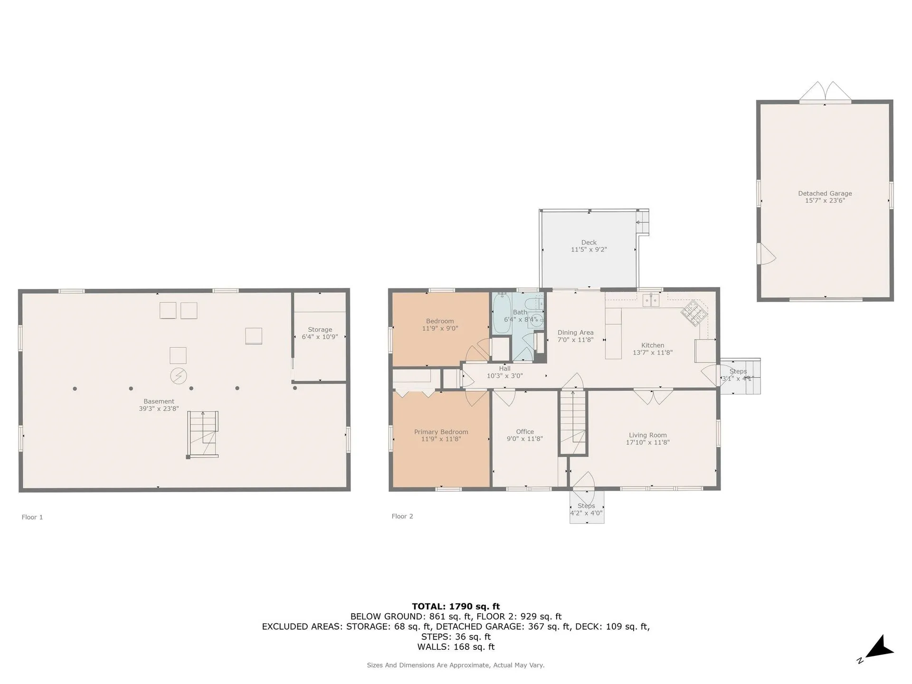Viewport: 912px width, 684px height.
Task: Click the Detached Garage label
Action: [825, 193]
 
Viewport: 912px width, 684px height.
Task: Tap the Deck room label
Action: [589, 242]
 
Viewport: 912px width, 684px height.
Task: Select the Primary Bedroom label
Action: [441, 432]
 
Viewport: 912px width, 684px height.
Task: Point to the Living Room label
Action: [647, 435]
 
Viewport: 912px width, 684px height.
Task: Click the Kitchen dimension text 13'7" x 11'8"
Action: [653, 352]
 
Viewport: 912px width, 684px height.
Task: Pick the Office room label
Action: [525, 432]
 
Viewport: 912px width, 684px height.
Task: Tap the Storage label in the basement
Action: [320, 330]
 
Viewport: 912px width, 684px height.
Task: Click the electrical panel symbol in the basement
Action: [179, 376]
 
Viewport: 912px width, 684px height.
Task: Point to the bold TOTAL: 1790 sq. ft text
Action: [456, 606]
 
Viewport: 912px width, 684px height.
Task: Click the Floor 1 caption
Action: [32, 517]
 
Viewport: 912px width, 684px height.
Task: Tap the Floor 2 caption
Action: [402, 516]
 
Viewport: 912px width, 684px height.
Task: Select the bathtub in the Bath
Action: [502, 313]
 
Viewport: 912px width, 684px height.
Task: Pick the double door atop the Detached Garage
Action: [825, 92]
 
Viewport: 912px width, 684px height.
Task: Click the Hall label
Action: [504, 369]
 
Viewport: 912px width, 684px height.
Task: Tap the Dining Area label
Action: [575, 332]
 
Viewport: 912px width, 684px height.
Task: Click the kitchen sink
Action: [651, 300]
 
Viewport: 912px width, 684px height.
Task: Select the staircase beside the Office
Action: [573, 422]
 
